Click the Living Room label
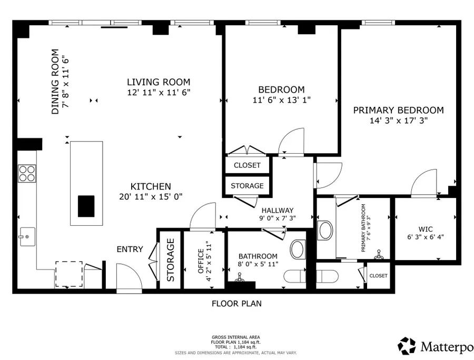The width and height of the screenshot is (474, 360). coord(159,82)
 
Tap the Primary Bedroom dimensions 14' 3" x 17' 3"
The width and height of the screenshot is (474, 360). coord(399,121)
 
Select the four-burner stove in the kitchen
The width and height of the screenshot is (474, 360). coord(27,173)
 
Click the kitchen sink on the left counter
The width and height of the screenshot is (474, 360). coord(27,236)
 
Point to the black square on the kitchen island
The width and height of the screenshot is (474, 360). coord(86,206)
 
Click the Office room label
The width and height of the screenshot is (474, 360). coord(201,261)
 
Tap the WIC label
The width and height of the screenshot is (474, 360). coord(426,229)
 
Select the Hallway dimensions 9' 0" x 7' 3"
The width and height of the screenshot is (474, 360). coord(278,218)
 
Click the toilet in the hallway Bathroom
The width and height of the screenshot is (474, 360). coord(295,275)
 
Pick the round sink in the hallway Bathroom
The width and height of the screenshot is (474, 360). coord(298,249)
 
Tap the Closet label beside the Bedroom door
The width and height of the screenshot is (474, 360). coord(247,165)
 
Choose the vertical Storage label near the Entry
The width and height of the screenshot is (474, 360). coord(171,259)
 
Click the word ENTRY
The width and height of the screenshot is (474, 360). coord(130,249)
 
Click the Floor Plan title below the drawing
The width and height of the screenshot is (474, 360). coord(236,304)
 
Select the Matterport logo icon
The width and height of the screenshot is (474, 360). coord(407,346)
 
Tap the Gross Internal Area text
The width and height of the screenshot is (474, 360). coord(236,337)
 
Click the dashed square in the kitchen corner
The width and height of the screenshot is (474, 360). coord(69,274)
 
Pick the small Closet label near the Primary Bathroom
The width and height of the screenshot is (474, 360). coord(378,276)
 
